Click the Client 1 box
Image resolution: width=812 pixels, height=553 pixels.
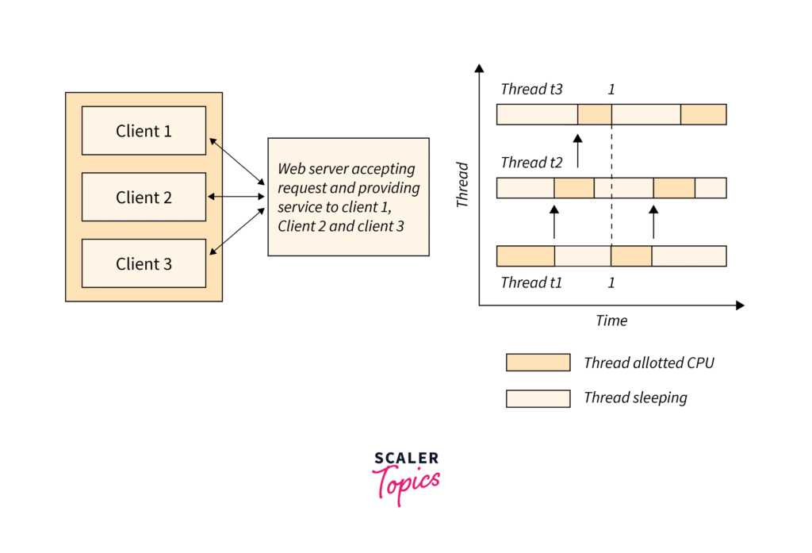(144, 131)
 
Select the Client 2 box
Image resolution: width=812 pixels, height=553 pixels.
(144, 197)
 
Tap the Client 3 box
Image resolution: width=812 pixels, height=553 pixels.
(144, 263)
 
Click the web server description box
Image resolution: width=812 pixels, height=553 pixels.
(349, 197)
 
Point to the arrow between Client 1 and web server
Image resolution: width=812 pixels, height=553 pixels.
(236, 161)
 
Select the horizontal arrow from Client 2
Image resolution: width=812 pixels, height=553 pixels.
(236, 197)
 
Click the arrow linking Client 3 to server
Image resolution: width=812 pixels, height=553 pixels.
(236, 231)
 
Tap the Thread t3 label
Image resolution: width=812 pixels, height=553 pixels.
(531, 89)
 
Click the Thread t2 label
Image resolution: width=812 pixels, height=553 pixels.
(531, 163)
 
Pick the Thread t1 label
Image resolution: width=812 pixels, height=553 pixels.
(531, 282)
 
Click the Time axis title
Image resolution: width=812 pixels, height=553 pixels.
(611, 321)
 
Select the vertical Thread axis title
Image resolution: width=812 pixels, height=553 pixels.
(462, 185)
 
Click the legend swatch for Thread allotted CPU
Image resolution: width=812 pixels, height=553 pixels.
(538, 363)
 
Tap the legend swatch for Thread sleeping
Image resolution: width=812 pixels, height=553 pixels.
(538, 398)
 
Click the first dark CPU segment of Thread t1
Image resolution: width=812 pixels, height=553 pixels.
(526, 256)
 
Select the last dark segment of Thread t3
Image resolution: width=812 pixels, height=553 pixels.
(704, 114)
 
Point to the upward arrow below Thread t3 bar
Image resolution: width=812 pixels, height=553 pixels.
(578, 151)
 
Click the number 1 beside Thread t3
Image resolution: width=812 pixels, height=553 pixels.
(611, 90)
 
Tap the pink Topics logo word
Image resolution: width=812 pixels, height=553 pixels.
(406, 484)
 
